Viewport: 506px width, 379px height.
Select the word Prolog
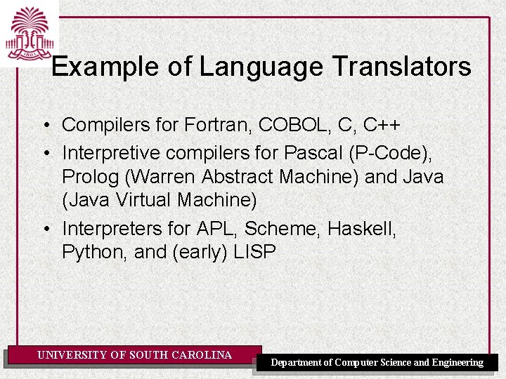pos(87,175)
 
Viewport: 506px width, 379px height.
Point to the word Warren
pos(160,175)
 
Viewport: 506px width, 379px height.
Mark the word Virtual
pos(143,200)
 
